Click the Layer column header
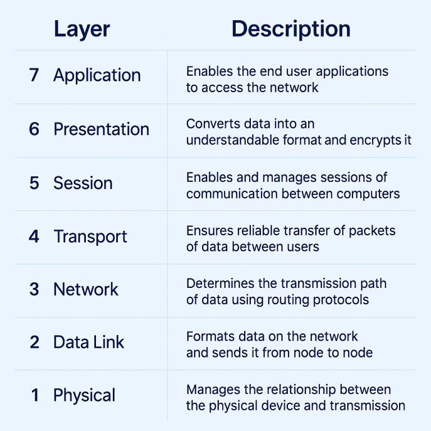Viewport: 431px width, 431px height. tap(82, 29)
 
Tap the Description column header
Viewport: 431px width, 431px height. tap(291, 29)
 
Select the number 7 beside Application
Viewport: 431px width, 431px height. tap(34, 75)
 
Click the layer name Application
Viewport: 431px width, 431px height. tap(97, 76)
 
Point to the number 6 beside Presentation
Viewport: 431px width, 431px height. tap(34, 129)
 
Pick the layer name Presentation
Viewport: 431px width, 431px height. tap(101, 129)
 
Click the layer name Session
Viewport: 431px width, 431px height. tap(83, 183)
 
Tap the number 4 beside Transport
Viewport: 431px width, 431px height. tap(34, 236)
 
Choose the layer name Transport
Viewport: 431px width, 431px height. tap(90, 237)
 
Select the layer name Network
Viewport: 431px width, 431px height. tap(86, 290)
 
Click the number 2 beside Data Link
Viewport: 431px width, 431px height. tap(34, 342)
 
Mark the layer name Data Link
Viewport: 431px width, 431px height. tap(89, 342)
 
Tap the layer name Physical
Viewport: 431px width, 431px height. tap(84, 396)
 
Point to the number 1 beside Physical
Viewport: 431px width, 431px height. tap(35, 396)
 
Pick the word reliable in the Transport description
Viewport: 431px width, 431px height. tap(260, 231)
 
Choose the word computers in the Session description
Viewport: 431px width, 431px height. tap(367, 194)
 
